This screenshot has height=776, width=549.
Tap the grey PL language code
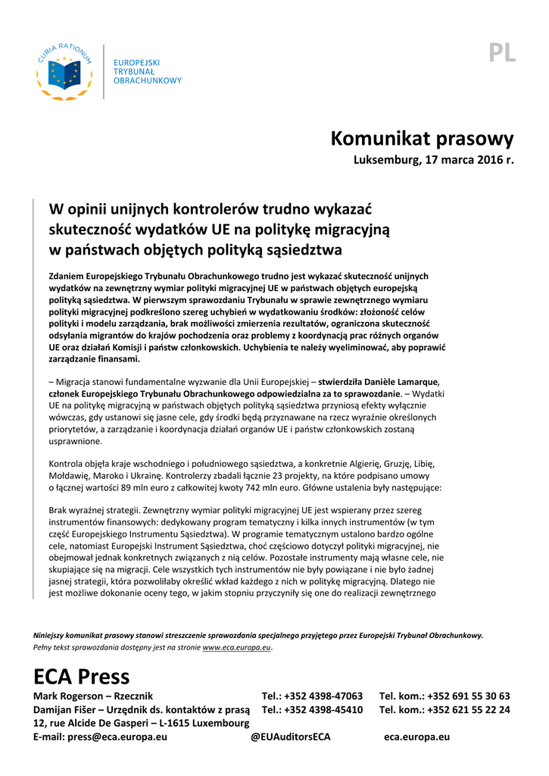pos(502,52)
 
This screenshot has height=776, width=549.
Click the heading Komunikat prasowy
pos(422,139)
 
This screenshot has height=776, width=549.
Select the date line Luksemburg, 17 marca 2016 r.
pos(434,161)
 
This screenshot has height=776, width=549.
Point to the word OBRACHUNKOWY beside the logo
pos(148,80)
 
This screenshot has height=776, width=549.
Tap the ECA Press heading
pos(81,675)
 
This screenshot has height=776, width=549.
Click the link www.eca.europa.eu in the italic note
pos(236,648)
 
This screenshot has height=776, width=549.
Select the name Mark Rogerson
pos(67,696)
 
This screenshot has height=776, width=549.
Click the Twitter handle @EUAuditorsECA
pos(290,737)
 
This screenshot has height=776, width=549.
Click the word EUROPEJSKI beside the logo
pos(137,61)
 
